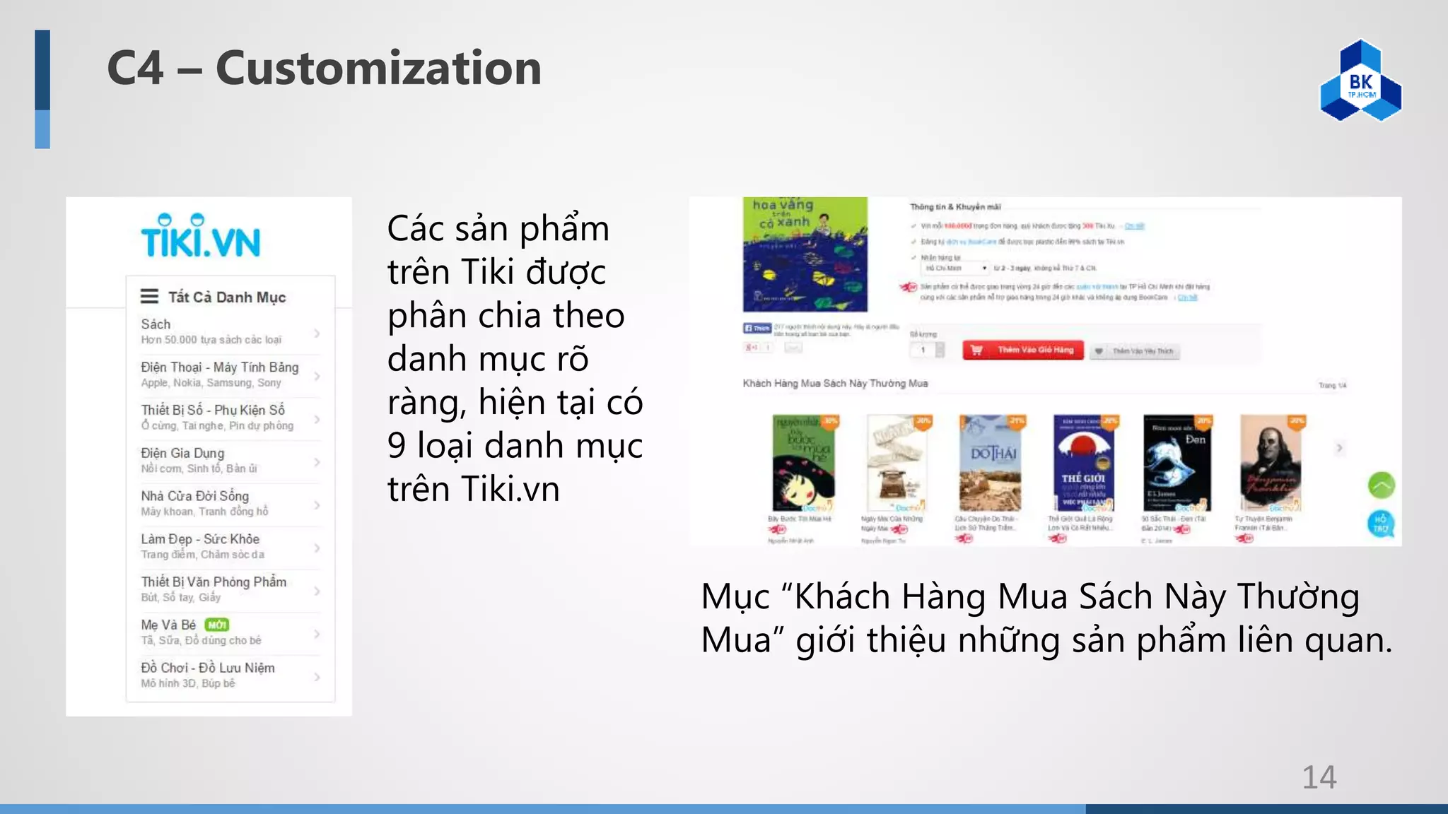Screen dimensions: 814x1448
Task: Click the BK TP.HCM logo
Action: (1360, 81)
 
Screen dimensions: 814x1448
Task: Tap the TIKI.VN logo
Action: (201, 237)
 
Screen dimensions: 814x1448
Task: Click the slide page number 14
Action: (1319, 777)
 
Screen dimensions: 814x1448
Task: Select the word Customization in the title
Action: (378, 69)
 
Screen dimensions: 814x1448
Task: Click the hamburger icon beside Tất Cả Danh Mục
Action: (149, 296)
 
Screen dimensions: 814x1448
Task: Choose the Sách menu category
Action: (156, 324)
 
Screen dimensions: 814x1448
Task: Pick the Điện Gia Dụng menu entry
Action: (182, 453)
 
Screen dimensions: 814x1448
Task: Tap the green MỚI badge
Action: (217, 625)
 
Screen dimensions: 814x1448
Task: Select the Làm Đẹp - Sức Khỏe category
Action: (200, 539)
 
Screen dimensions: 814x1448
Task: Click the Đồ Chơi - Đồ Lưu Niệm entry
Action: (208, 668)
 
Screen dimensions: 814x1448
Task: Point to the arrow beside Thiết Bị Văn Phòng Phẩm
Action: (317, 591)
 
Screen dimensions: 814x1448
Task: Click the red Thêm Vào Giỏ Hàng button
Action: (1022, 350)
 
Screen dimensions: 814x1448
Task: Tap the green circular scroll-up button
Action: (1381, 485)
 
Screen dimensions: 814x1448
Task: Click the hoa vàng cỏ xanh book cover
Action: (805, 254)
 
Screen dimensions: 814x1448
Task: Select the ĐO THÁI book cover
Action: (991, 463)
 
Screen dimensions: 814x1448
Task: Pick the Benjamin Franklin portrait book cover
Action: (1271, 463)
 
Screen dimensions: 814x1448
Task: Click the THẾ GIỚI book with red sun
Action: (1083, 463)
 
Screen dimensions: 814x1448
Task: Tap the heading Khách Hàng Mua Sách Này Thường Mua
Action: (835, 384)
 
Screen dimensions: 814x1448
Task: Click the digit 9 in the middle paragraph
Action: (397, 447)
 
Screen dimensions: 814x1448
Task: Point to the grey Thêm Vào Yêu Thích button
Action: (1135, 351)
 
